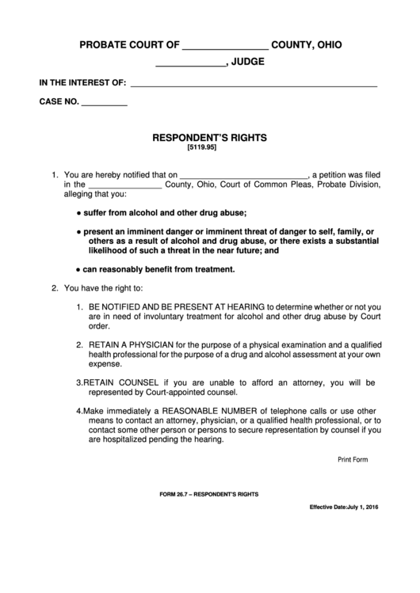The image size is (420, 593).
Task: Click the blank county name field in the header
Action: pos(225,47)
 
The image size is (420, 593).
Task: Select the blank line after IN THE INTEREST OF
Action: pos(253,83)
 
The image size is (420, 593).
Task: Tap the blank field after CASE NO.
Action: pos(105,103)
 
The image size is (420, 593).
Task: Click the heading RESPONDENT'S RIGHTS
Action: pos(209,137)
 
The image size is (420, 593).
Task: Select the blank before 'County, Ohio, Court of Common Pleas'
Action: pos(128,185)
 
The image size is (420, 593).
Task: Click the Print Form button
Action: pos(353,459)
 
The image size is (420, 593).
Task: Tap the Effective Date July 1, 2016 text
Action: pos(343,507)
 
